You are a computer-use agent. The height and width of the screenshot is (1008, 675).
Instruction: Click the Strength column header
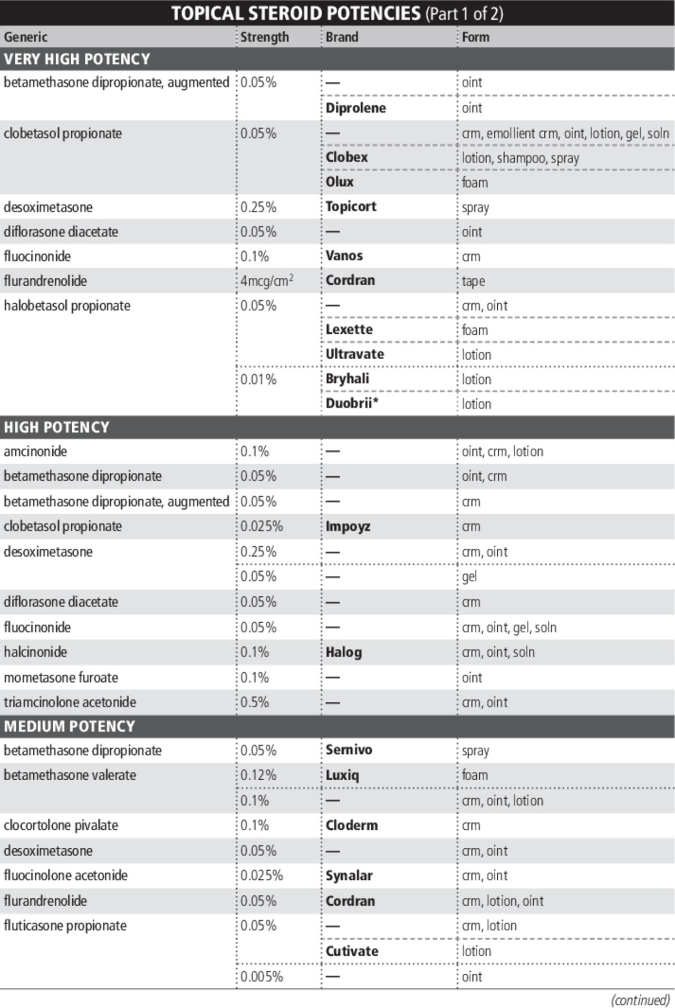(x=264, y=37)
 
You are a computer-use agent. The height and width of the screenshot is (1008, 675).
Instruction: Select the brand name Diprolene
(x=355, y=108)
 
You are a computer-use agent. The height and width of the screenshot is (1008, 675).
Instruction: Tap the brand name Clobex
(x=346, y=157)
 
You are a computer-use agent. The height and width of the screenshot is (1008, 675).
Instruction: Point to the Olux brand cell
(x=340, y=182)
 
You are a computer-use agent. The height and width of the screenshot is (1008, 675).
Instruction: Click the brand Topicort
(x=351, y=207)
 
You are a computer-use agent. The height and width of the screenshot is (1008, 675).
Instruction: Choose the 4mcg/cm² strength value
(x=267, y=280)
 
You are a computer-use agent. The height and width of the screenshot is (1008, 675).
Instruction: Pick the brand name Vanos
(x=344, y=256)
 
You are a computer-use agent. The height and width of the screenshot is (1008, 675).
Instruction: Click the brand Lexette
(x=349, y=329)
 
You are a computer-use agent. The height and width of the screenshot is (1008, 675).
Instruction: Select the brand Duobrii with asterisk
(x=352, y=403)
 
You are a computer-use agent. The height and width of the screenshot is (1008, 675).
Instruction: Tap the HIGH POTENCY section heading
(x=56, y=427)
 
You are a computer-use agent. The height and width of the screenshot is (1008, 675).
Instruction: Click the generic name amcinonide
(x=35, y=451)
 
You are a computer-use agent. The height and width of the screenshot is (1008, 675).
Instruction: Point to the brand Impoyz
(x=348, y=526)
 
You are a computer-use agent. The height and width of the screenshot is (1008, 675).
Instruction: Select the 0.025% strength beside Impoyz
(x=262, y=526)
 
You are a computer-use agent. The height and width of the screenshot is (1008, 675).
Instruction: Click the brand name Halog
(x=343, y=652)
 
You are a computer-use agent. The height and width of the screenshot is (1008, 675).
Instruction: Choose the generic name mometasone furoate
(x=61, y=677)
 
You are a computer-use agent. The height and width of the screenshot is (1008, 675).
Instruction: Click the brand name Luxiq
(x=342, y=775)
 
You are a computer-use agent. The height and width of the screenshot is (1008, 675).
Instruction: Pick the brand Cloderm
(x=351, y=825)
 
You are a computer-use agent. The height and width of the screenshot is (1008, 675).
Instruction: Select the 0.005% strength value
(x=262, y=976)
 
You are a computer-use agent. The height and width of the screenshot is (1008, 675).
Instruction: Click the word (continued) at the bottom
(x=640, y=1000)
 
